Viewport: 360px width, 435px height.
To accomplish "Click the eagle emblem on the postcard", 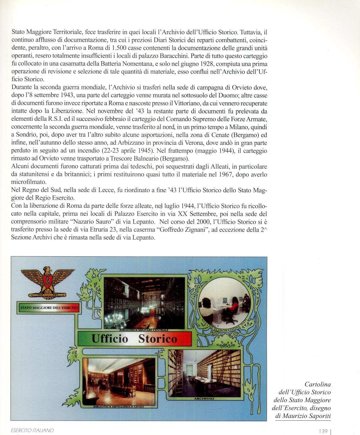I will pyautogui.click(x=48, y=283).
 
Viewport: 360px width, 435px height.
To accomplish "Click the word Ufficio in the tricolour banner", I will pyautogui.click(x=110, y=339).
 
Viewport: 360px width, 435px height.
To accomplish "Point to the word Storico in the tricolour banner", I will pyautogui.click(x=158, y=339).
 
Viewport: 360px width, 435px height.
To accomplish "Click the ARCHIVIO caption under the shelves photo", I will pyautogui.click(x=204, y=398).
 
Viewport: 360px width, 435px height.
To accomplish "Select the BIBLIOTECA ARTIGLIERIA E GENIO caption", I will pyautogui.click(x=119, y=407).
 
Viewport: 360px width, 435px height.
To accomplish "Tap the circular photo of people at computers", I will pyautogui.click(x=224, y=303).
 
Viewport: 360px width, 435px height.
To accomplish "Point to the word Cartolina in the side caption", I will pyautogui.click(x=318, y=384).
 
